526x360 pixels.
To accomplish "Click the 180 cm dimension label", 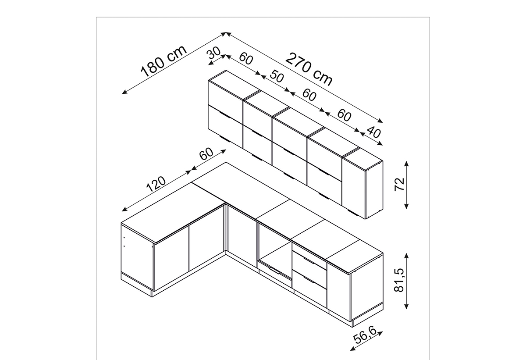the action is (x=163, y=61).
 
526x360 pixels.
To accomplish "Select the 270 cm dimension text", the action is (x=309, y=70).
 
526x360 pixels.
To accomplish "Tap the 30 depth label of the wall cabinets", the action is (x=214, y=53).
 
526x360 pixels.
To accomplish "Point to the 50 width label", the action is (x=277, y=76).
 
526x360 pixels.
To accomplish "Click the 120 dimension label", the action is (x=156, y=184).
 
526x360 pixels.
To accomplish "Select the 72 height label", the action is (x=399, y=185).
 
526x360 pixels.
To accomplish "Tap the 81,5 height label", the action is (x=399, y=280).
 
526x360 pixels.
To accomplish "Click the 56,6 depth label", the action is (x=365, y=335).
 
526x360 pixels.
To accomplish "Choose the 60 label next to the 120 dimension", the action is (x=206, y=154).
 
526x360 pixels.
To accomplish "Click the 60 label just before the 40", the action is (x=344, y=115).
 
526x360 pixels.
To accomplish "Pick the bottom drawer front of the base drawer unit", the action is (x=309, y=280).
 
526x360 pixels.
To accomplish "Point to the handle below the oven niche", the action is (x=274, y=270).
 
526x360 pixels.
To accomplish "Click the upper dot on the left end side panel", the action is (x=124, y=238).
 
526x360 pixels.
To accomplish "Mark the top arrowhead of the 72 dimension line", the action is (x=407, y=164).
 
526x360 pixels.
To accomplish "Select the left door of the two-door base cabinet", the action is (x=171, y=258).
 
